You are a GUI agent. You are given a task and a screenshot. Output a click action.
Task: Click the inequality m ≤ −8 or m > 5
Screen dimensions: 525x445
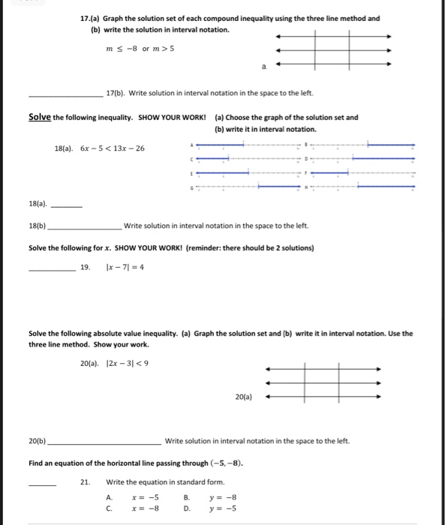pyautogui.click(x=142, y=49)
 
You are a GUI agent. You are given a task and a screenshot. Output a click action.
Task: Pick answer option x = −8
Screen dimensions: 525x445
pyautogui.click(x=143, y=508)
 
